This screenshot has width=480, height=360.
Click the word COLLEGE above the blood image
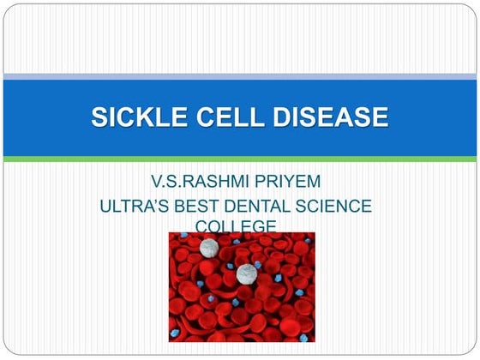[236, 226]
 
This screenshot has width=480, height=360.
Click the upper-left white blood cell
[207, 248]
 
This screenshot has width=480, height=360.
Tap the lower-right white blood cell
[247, 273]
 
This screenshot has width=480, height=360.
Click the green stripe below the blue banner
[240, 159]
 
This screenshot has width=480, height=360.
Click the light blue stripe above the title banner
[240, 77]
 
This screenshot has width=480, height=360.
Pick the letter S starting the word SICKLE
[99, 117]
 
